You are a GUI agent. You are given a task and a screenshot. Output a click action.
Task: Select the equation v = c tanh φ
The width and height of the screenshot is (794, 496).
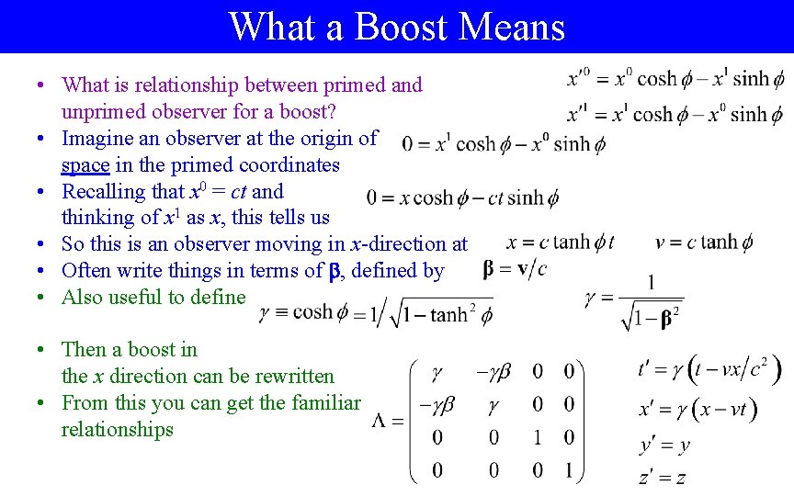[705, 242]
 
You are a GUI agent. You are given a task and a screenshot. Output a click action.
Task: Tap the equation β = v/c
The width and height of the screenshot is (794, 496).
[514, 268]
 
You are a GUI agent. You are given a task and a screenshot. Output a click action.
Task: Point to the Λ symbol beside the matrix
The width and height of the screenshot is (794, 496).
[384, 421]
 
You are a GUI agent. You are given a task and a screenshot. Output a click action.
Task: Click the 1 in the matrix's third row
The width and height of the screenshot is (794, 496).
[538, 437]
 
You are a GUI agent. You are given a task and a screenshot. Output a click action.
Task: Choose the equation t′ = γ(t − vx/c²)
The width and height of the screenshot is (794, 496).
[709, 369]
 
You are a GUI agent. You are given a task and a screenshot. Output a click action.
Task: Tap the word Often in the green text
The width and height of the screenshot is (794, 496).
[86, 270]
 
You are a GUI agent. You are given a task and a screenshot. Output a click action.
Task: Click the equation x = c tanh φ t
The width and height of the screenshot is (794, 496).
[561, 242]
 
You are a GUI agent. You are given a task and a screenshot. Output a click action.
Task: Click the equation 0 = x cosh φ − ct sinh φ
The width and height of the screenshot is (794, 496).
[462, 197]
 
